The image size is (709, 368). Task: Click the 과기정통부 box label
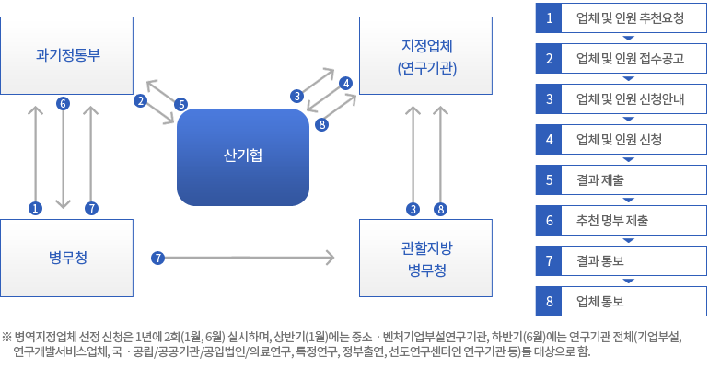click(68, 54)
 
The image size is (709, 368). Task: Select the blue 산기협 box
click(243, 157)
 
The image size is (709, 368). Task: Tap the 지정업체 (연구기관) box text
click(427, 57)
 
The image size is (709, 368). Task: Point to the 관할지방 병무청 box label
click(427, 259)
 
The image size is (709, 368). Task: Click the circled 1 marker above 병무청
click(35, 208)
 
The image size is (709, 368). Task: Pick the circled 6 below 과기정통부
click(63, 103)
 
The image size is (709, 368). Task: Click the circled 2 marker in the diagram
click(141, 100)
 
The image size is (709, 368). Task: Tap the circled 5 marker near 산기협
click(180, 104)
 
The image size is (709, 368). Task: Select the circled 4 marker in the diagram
click(346, 83)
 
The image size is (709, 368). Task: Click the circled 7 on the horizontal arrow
click(157, 258)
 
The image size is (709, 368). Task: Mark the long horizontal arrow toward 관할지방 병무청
click(250, 258)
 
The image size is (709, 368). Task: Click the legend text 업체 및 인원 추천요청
click(630, 18)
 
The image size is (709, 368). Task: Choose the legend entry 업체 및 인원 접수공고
click(630, 58)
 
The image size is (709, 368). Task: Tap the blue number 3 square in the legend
click(549, 98)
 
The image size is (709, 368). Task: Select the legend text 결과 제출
click(600, 179)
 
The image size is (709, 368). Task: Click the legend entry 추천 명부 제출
click(612, 221)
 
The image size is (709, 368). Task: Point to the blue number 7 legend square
click(549, 260)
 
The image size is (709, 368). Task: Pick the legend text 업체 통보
click(600, 301)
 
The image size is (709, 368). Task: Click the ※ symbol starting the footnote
click(6, 337)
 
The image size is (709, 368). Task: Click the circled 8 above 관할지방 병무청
click(440, 209)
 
